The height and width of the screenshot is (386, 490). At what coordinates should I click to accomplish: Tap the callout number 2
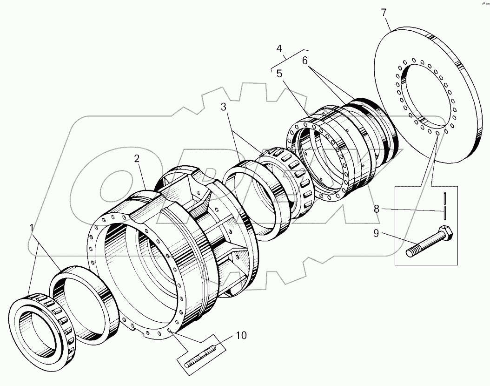pyautogui.click(x=137, y=159)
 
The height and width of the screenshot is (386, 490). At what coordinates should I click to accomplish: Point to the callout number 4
pyautogui.click(x=279, y=48)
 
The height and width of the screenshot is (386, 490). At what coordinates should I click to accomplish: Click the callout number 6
pyautogui.click(x=305, y=61)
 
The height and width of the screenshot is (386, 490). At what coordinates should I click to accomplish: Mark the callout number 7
pyautogui.click(x=384, y=13)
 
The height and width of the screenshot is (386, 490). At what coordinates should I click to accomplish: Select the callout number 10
pyautogui.click(x=241, y=335)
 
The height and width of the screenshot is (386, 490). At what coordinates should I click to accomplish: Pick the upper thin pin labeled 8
pyautogui.click(x=444, y=198)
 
